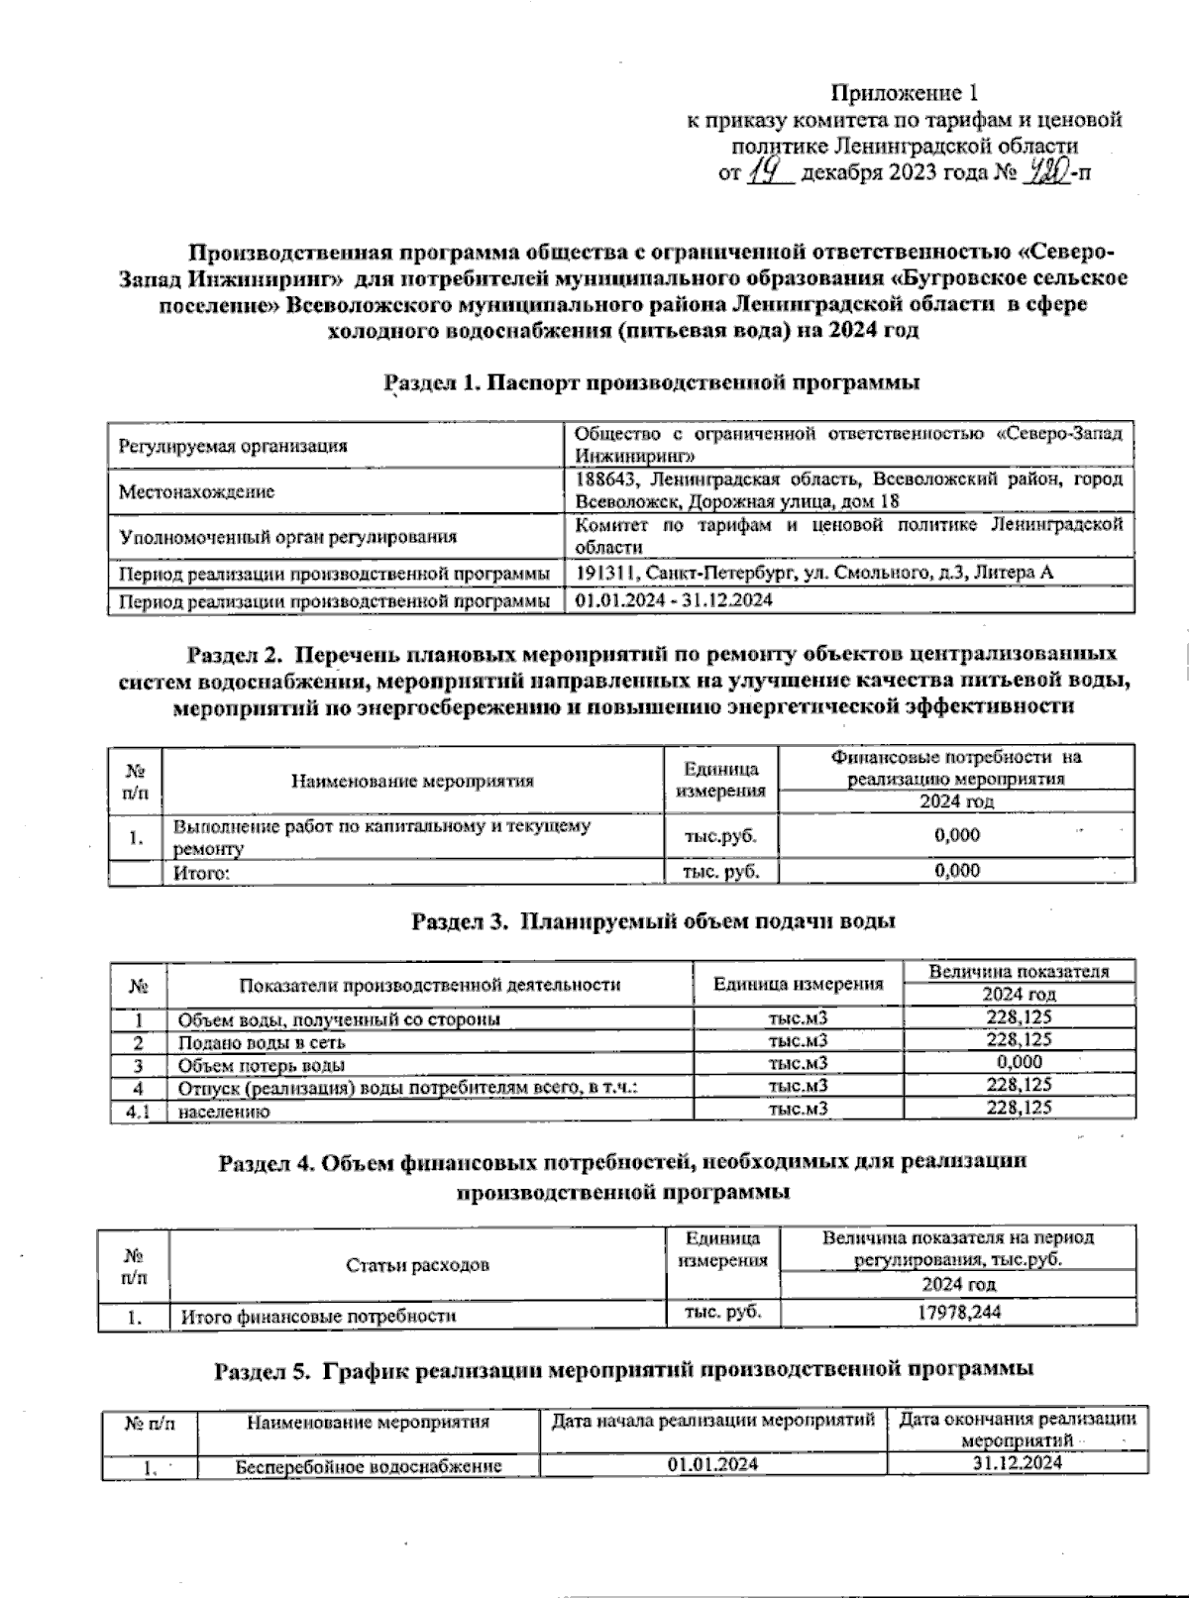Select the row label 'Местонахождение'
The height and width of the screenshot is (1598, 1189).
pos(196,492)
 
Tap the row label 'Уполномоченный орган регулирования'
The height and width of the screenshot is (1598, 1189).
pos(287,538)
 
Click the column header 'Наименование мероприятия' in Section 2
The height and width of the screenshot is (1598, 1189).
pos(412,781)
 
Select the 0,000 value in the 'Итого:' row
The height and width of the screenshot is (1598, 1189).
pos(957,871)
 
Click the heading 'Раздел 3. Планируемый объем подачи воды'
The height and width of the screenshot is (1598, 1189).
pos(654,921)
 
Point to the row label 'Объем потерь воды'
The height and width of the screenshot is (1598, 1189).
pos(261,1066)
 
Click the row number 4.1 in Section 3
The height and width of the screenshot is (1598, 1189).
pos(139,1112)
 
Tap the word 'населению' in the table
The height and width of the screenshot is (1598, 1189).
pos(224,1112)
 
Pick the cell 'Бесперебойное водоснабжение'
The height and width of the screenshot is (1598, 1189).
pos(369,1466)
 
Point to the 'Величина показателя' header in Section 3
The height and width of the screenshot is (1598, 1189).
pos(1018,972)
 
